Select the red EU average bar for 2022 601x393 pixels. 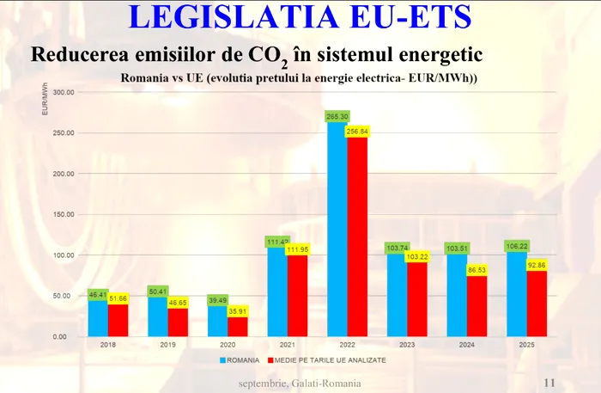click(x=357, y=236)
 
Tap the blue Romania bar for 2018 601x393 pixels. click(x=97, y=318)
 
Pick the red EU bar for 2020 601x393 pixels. click(x=238, y=328)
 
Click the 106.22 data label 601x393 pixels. click(x=517, y=245)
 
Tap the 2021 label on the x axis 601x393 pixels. click(x=277, y=346)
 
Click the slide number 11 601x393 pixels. click(x=551, y=383)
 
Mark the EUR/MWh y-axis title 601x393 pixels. click(x=44, y=101)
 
